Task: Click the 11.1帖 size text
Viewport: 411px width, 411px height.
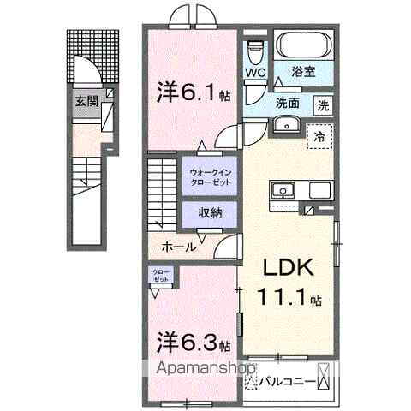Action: pyautogui.click(x=290, y=300)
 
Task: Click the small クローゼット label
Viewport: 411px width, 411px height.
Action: pyautogui.click(x=161, y=277)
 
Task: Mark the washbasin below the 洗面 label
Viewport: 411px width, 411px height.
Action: pyautogui.click(x=283, y=126)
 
